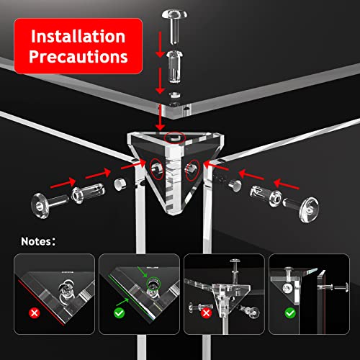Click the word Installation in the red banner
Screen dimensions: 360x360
coord(78,37)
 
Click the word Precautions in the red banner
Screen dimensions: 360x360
coord(78,57)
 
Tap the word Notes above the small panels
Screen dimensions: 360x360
coord(36,241)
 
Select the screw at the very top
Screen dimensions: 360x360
coord(174,27)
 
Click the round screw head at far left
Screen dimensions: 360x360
coord(40,206)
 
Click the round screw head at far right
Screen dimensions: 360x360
coord(309,210)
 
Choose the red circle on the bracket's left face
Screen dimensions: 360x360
coord(157,169)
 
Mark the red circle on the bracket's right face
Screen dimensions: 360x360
coord(193,170)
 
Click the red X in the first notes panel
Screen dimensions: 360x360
coord(35,313)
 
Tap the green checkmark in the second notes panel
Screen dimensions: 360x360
coord(120,313)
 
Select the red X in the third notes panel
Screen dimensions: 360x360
coord(206,313)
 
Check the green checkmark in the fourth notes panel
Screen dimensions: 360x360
coord(290,313)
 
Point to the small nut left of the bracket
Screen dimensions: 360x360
coord(120,184)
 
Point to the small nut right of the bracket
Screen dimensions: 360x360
coord(235,185)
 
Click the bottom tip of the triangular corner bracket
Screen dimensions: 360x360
coord(174,215)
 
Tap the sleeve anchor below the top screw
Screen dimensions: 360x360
coord(175,67)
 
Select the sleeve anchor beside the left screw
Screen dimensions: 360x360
coord(88,192)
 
